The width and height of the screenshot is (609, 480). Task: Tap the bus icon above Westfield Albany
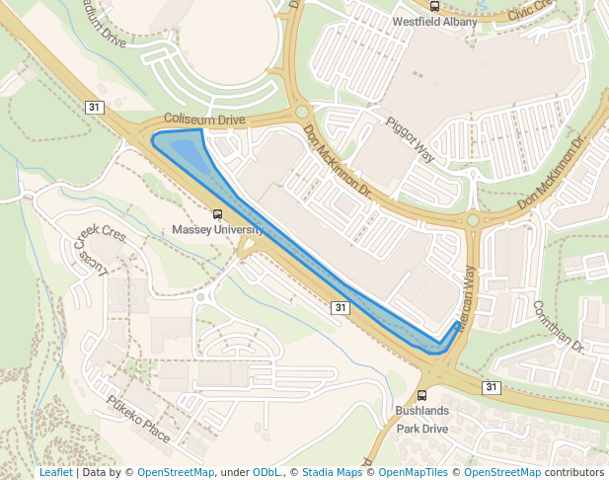tap(434, 6)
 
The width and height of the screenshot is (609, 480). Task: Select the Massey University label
tap(218, 229)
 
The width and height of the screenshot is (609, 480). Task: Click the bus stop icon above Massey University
tap(218, 213)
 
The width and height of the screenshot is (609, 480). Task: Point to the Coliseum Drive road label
tap(203, 120)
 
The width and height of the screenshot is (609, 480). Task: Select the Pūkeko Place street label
tap(139, 419)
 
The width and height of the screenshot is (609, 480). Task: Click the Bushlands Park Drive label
tap(422, 419)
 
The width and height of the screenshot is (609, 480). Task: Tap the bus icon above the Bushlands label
tap(422, 394)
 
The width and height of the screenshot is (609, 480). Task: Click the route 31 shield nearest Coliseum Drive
tap(94, 107)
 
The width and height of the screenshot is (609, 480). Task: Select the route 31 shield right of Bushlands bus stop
tap(492, 386)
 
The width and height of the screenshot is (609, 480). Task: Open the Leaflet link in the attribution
tap(55, 472)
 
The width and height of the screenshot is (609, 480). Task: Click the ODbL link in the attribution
tap(266, 472)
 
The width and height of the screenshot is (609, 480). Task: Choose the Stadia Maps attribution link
tap(332, 472)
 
